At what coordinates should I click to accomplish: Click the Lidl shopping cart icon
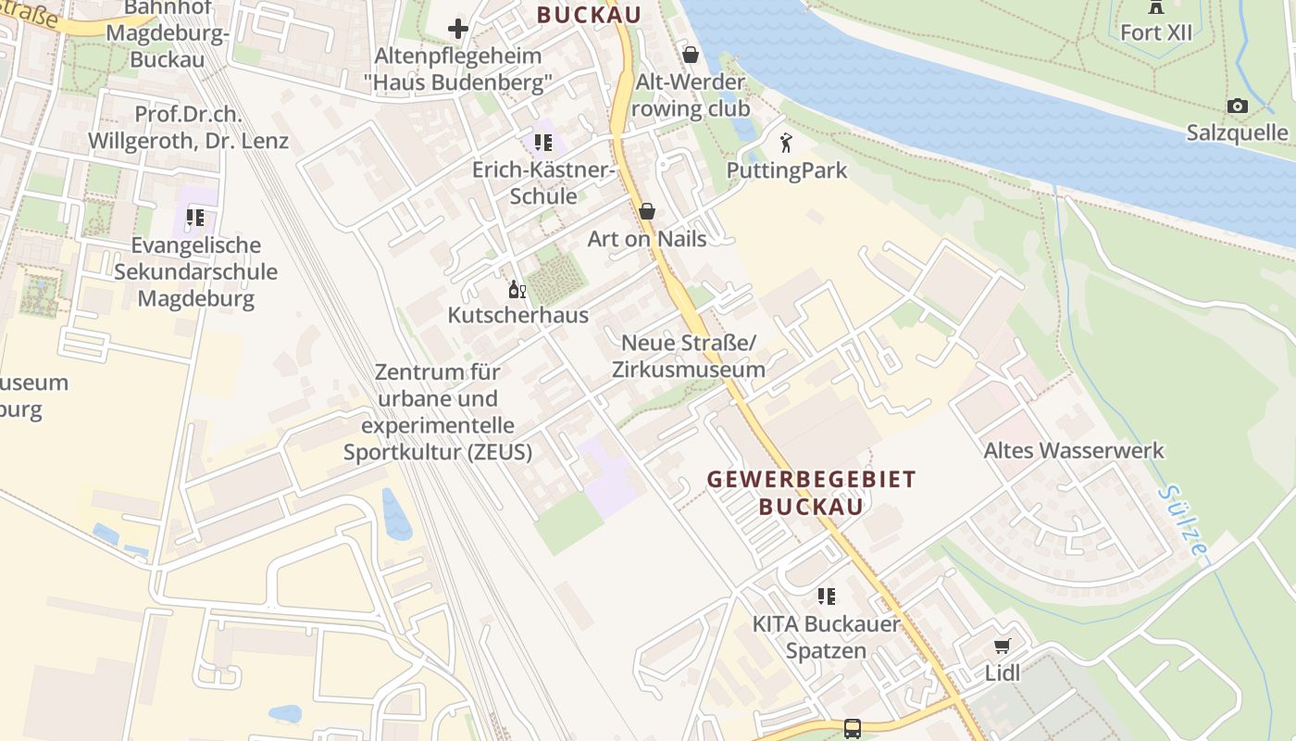pos(1002,646)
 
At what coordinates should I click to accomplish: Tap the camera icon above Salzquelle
pos(1237,107)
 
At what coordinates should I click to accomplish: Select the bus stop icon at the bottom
pos(852,729)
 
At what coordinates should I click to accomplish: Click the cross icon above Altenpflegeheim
pos(457,29)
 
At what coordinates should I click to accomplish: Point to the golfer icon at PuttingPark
pos(786,144)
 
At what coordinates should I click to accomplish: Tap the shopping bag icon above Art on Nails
pos(646,212)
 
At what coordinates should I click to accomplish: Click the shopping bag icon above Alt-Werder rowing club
pos(690,56)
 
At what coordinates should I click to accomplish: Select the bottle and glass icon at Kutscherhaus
pos(517,290)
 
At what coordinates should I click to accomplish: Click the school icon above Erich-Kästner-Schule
pos(542,143)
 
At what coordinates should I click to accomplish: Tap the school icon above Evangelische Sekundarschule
pos(194,219)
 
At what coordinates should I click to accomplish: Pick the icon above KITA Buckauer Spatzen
pos(826,597)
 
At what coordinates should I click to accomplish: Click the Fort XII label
pos(1156,32)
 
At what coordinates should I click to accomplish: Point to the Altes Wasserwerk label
pos(1073,451)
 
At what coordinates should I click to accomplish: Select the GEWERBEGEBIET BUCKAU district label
pos(811,493)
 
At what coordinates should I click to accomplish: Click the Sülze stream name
pos(1183,521)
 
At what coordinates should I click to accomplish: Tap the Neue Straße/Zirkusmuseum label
pos(688,357)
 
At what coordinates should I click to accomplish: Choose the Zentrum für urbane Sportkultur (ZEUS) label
pos(438,412)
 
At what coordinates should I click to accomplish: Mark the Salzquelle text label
pos(1237,133)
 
